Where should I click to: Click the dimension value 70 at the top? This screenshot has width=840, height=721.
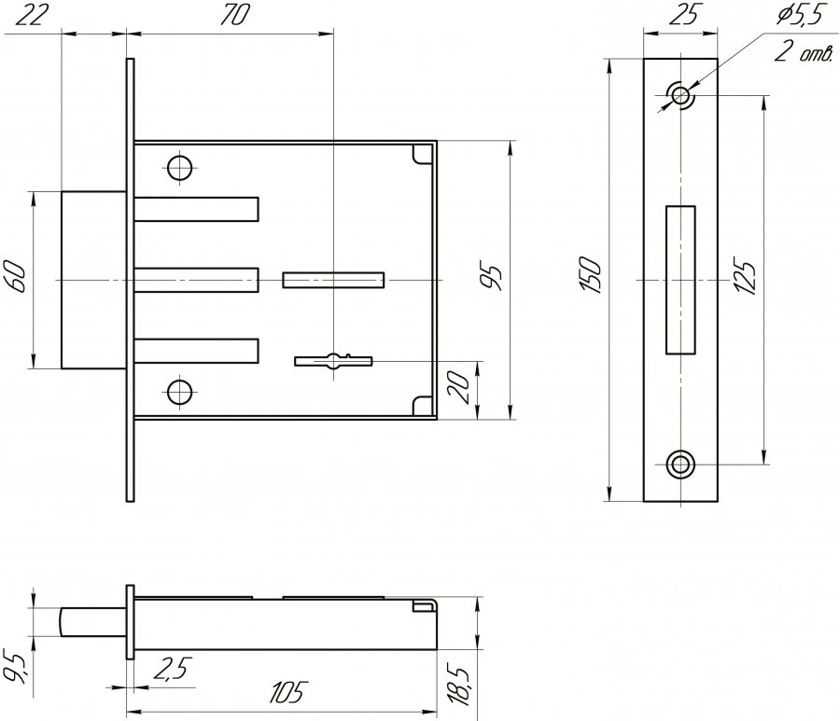(234, 15)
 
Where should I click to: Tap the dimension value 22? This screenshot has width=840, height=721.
(30, 15)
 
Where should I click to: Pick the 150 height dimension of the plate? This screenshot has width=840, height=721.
(591, 275)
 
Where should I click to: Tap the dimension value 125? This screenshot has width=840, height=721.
(746, 277)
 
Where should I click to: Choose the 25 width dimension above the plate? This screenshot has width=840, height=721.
(684, 14)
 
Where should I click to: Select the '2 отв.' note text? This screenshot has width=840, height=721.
(804, 52)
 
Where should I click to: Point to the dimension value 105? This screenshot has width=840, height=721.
(287, 692)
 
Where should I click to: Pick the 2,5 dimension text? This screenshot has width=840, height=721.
(172, 668)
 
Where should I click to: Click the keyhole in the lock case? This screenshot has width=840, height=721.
(333, 361)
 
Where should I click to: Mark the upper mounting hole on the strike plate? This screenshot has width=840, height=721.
(680, 96)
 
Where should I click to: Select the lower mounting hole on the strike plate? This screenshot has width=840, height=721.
(680, 464)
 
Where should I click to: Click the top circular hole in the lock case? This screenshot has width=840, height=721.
(179, 169)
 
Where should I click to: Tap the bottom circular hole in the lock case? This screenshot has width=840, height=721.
(179, 393)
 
